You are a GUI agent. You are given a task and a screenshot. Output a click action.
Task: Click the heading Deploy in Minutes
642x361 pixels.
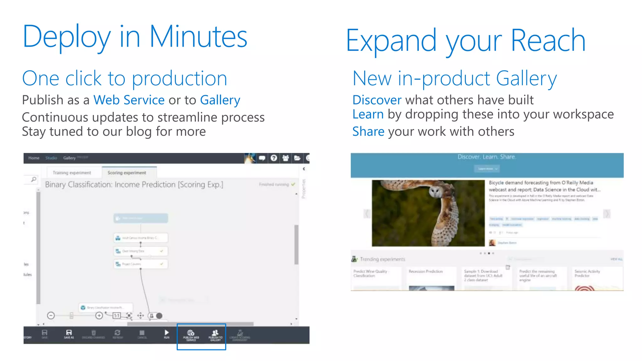coord(135,37)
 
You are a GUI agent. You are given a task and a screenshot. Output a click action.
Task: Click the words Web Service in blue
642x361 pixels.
coord(129,100)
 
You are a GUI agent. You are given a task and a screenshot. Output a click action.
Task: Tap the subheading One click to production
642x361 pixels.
coord(124,78)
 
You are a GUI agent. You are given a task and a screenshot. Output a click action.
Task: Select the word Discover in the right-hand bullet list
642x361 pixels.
coord(376,100)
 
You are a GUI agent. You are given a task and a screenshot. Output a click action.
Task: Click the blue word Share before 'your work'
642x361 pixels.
coord(368,132)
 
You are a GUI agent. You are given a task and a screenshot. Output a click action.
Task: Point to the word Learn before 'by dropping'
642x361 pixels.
coord(368,114)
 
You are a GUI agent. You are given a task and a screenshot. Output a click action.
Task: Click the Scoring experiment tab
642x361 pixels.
coord(127,173)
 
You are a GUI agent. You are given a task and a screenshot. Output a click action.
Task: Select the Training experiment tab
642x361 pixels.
coord(72,173)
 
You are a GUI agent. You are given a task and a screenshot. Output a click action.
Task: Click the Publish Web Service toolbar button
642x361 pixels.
coord(191,335)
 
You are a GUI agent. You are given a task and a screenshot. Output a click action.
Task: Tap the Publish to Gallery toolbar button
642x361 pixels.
coord(215,335)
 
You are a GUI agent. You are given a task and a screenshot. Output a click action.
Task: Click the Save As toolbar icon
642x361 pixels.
coord(69,334)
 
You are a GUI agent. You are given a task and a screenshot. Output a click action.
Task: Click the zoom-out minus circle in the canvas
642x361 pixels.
coord(51,316)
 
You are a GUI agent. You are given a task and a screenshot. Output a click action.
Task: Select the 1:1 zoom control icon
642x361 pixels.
coord(117,316)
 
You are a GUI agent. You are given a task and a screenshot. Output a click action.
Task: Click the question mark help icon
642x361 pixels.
coord(274,158)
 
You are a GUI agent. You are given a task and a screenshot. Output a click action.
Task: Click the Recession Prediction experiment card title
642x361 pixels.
coord(425,271)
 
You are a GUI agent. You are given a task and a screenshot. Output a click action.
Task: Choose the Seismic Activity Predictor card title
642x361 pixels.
coord(587,273)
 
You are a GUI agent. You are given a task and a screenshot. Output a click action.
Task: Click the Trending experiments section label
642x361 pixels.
coord(382,259)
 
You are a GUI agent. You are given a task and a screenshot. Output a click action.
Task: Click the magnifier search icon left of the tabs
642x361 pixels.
coord(34,179)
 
